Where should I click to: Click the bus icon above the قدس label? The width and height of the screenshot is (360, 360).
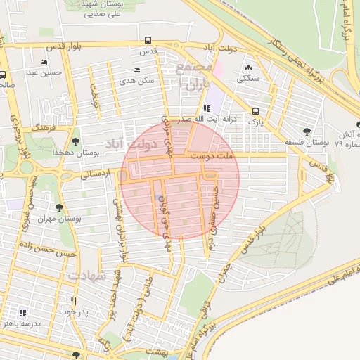148,40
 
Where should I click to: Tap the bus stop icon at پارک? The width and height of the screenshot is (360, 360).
255,111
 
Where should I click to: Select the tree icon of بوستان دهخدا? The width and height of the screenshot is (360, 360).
75,141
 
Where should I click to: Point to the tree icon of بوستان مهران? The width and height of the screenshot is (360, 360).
58,207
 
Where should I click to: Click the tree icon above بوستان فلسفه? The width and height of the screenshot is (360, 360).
305,131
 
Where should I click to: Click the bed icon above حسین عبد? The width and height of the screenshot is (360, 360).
44,62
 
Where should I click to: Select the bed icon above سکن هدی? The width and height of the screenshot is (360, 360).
136,70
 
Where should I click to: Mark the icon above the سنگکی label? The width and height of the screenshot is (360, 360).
247,68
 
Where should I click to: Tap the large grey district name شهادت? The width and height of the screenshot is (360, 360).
86,276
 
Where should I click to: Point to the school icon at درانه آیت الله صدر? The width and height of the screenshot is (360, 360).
206,108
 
